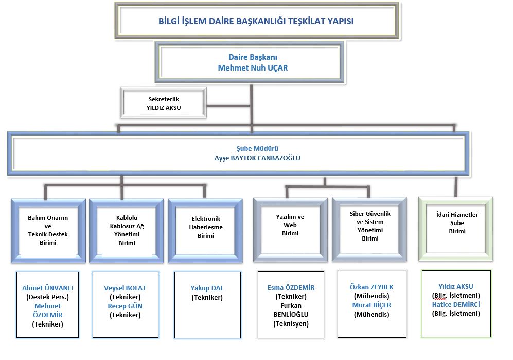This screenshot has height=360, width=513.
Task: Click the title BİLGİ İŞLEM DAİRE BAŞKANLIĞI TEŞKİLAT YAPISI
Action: click(256, 22)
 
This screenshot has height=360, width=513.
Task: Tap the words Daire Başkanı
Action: click(249, 57)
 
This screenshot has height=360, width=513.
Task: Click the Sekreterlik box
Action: click(163, 103)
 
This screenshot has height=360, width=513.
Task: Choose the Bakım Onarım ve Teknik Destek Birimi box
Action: click(48, 230)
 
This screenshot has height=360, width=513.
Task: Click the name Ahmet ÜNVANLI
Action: click(47, 288)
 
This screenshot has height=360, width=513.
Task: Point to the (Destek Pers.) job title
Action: click(47, 297)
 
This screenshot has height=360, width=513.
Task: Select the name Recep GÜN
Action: click(125, 306)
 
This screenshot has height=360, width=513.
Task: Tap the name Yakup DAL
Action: click(207, 288)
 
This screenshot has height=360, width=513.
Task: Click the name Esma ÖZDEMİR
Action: click(291, 287)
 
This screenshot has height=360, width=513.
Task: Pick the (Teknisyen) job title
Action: click(291, 323)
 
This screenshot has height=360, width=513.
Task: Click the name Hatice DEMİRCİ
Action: click(456, 304)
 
